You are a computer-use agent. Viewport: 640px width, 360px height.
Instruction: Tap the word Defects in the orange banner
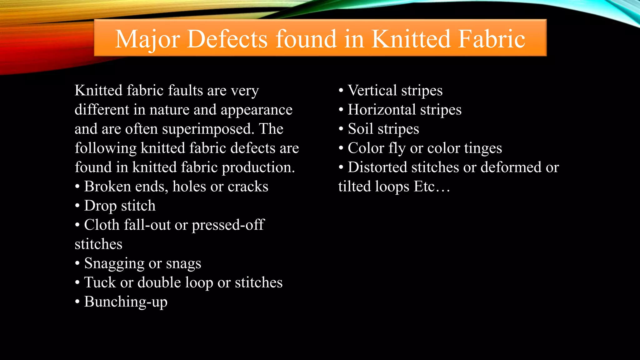click(x=227, y=39)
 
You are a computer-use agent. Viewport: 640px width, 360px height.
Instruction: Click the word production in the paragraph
click(x=258, y=167)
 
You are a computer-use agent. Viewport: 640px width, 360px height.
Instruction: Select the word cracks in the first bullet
click(x=248, y=187)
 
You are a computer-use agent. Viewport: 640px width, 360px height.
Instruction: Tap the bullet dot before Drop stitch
click(x=77, y=206)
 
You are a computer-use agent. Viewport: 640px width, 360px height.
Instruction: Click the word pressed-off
click(x=228, y=225)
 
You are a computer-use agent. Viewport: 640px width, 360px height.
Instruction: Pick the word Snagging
click(x=114, y=263)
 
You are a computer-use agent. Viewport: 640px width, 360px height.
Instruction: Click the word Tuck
click(x=100, y=282)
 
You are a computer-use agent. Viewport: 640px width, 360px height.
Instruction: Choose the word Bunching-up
click(x=126, y=302)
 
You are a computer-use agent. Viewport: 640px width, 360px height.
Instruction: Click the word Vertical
click(x=372, y=91)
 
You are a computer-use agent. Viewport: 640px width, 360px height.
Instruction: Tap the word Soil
click(x=361, y=129)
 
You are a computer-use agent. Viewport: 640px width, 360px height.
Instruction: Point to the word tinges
click(x=483, y=148)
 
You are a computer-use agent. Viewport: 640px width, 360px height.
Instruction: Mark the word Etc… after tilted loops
click(x=432, y=187)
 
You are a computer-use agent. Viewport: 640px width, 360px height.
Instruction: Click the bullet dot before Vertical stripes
click(x=341, y=91)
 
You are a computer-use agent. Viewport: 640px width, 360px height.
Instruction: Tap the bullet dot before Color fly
click(x=341, y=148)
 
